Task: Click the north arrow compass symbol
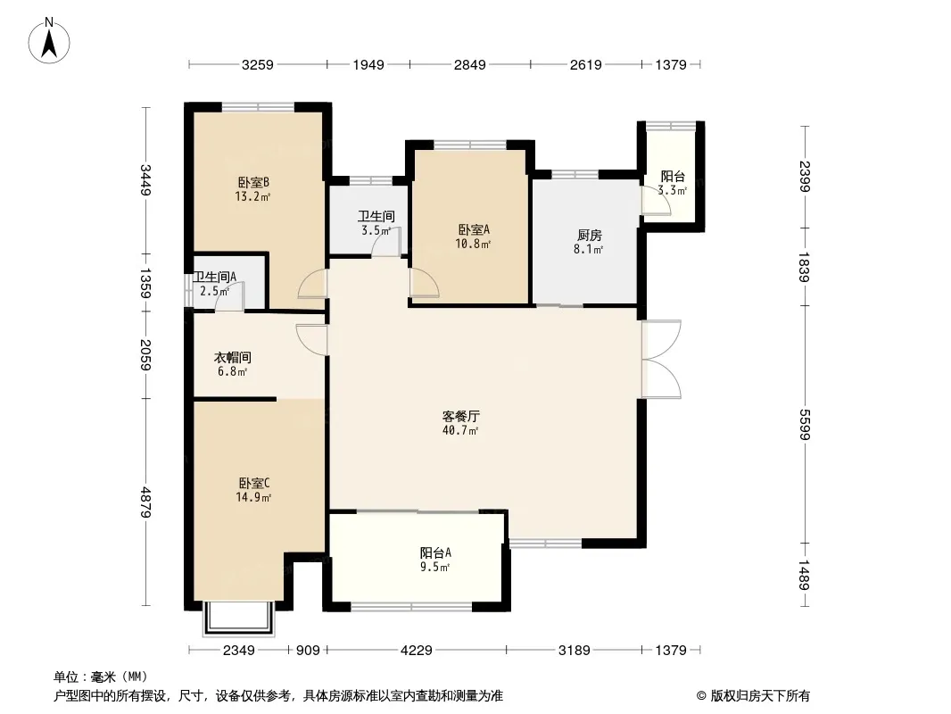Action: pyautogui.click(x=49, y=41)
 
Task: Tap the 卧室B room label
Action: pyautogui.click(x=252, y=182)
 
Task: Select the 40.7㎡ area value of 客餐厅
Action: pyautogui.click(x=460, y=431)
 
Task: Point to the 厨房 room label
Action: pyautogui.click(x=589, y=236)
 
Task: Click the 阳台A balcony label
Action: pyautogui.click(x=435, y=553)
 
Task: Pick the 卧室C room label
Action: pyautogui.click(x=253, y=484)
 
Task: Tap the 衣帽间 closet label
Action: pyautogui.click(x=232, y=358)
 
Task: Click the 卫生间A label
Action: pyautogui.click(x=215, y=278)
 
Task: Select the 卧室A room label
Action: pyautogui.click(x=474, y=230)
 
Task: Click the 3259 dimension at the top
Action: pyautogui.click(x=258, y=65)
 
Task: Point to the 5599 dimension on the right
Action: pyautogui.click(x=805, y=425)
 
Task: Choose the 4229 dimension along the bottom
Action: pyautogui.click(x=417, y=651)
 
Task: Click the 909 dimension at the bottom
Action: pyautogui.click(x=308, y=651)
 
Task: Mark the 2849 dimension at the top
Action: pyautogui.click(x=470, y=65)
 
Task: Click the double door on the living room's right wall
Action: pyautogui.click(x=661, y=359)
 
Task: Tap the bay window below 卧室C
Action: pyautogui.click(x=239, y=619)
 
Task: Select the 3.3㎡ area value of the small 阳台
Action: pyautogui.click(x=672, y=190)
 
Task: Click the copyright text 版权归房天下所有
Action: pyautogui.click(x=761, y=696)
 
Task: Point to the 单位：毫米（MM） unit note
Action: pyautogui.click(x=101, y=677)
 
